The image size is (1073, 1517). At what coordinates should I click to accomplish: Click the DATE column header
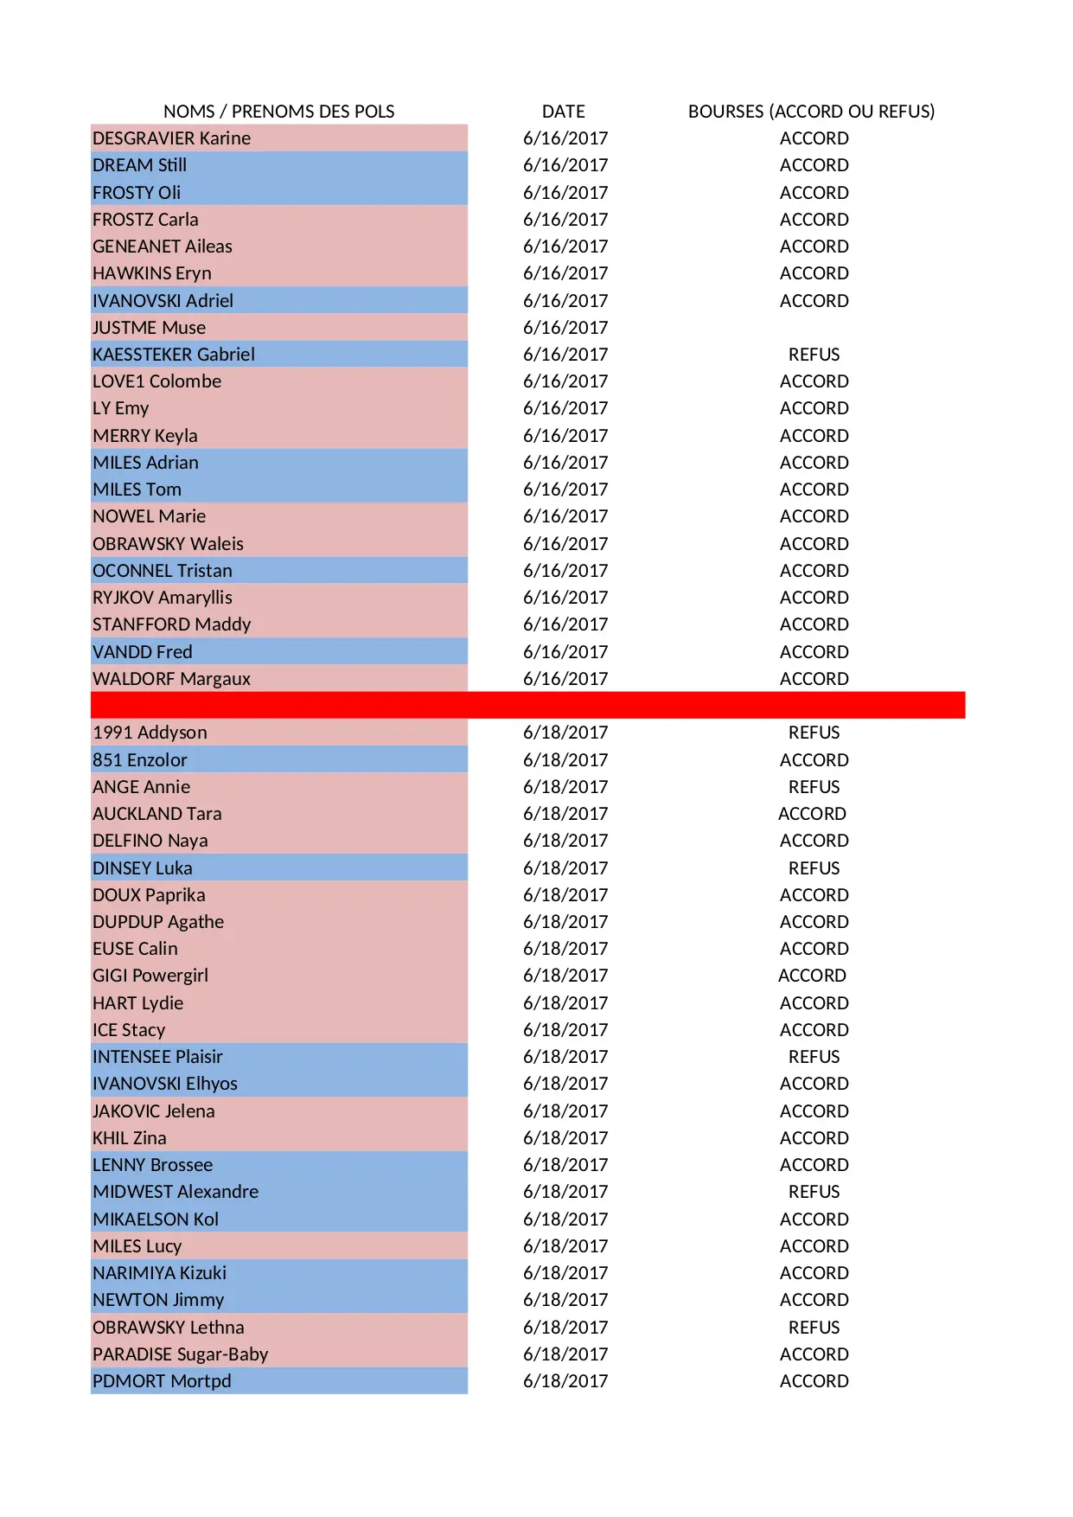[x=563, y=112]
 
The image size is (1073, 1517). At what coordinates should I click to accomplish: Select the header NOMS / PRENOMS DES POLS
[x=278, y=112]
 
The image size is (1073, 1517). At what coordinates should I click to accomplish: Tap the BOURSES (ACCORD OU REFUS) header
[x=811, y=112]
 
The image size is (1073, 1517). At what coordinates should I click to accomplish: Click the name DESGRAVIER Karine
[x=172, y=138]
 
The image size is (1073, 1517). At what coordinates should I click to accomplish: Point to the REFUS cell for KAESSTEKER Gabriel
[x=814, y=355]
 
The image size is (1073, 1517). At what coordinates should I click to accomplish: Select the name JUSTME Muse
[x=150, y=328]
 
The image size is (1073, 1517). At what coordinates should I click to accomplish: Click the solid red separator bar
[x=527, y=705]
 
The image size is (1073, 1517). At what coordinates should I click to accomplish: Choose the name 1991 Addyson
[x=150, y=733]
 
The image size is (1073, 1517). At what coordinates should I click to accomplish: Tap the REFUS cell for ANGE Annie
[x=814, y=787]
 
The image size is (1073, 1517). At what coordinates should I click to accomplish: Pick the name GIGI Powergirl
[x=150, y=976]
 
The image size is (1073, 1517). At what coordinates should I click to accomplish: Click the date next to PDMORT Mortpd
[x=565, y=1381]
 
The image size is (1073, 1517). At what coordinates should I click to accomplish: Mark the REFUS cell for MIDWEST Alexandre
[x=814, y=1192]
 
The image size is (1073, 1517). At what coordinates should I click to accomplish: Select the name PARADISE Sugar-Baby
[x=181, y=1354]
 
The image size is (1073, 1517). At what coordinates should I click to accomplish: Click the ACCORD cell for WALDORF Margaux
[x=814, y=679]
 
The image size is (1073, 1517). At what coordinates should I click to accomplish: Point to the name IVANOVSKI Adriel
[x=163, y=301]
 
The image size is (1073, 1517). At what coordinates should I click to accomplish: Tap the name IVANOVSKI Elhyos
[x=165, y=1084]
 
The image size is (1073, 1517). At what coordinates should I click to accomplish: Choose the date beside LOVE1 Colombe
[x=565, y=381]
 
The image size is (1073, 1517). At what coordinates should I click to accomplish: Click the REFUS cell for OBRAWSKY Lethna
[x=814, y=1328]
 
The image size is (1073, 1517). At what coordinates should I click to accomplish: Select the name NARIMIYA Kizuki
[x=160, y=1273]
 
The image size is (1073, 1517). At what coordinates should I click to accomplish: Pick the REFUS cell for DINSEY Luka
[x=814, y=868]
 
